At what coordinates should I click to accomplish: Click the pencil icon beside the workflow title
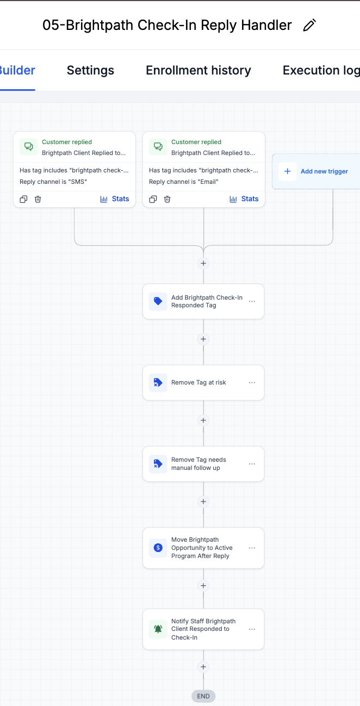point(309,25)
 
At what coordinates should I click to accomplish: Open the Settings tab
point(90,70)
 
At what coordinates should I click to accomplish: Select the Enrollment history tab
point(198,70)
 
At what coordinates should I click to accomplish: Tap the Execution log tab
point(321,70)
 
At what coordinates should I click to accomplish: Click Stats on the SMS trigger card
point(115,199)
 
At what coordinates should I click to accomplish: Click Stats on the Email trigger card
point(244,199)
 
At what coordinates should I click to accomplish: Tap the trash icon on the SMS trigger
point(38,199)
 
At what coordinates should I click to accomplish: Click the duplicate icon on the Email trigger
point(153,199)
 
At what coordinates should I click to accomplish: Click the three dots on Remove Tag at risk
point(252,382)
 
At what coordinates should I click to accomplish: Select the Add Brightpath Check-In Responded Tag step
point(203,302)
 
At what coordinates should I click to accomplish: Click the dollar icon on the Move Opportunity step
point(158,548)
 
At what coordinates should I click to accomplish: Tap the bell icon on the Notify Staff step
point(158,629)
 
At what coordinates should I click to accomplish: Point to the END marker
point(203,696)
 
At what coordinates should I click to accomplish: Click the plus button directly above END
point(203,667)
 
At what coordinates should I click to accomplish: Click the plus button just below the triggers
point(203,263)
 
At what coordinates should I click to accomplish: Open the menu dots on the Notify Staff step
point(252,629)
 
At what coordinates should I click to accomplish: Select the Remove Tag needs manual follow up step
point(203,464)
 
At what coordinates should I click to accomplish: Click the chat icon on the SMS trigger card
point(29,146)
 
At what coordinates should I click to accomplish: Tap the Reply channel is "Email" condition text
point(184,182)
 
